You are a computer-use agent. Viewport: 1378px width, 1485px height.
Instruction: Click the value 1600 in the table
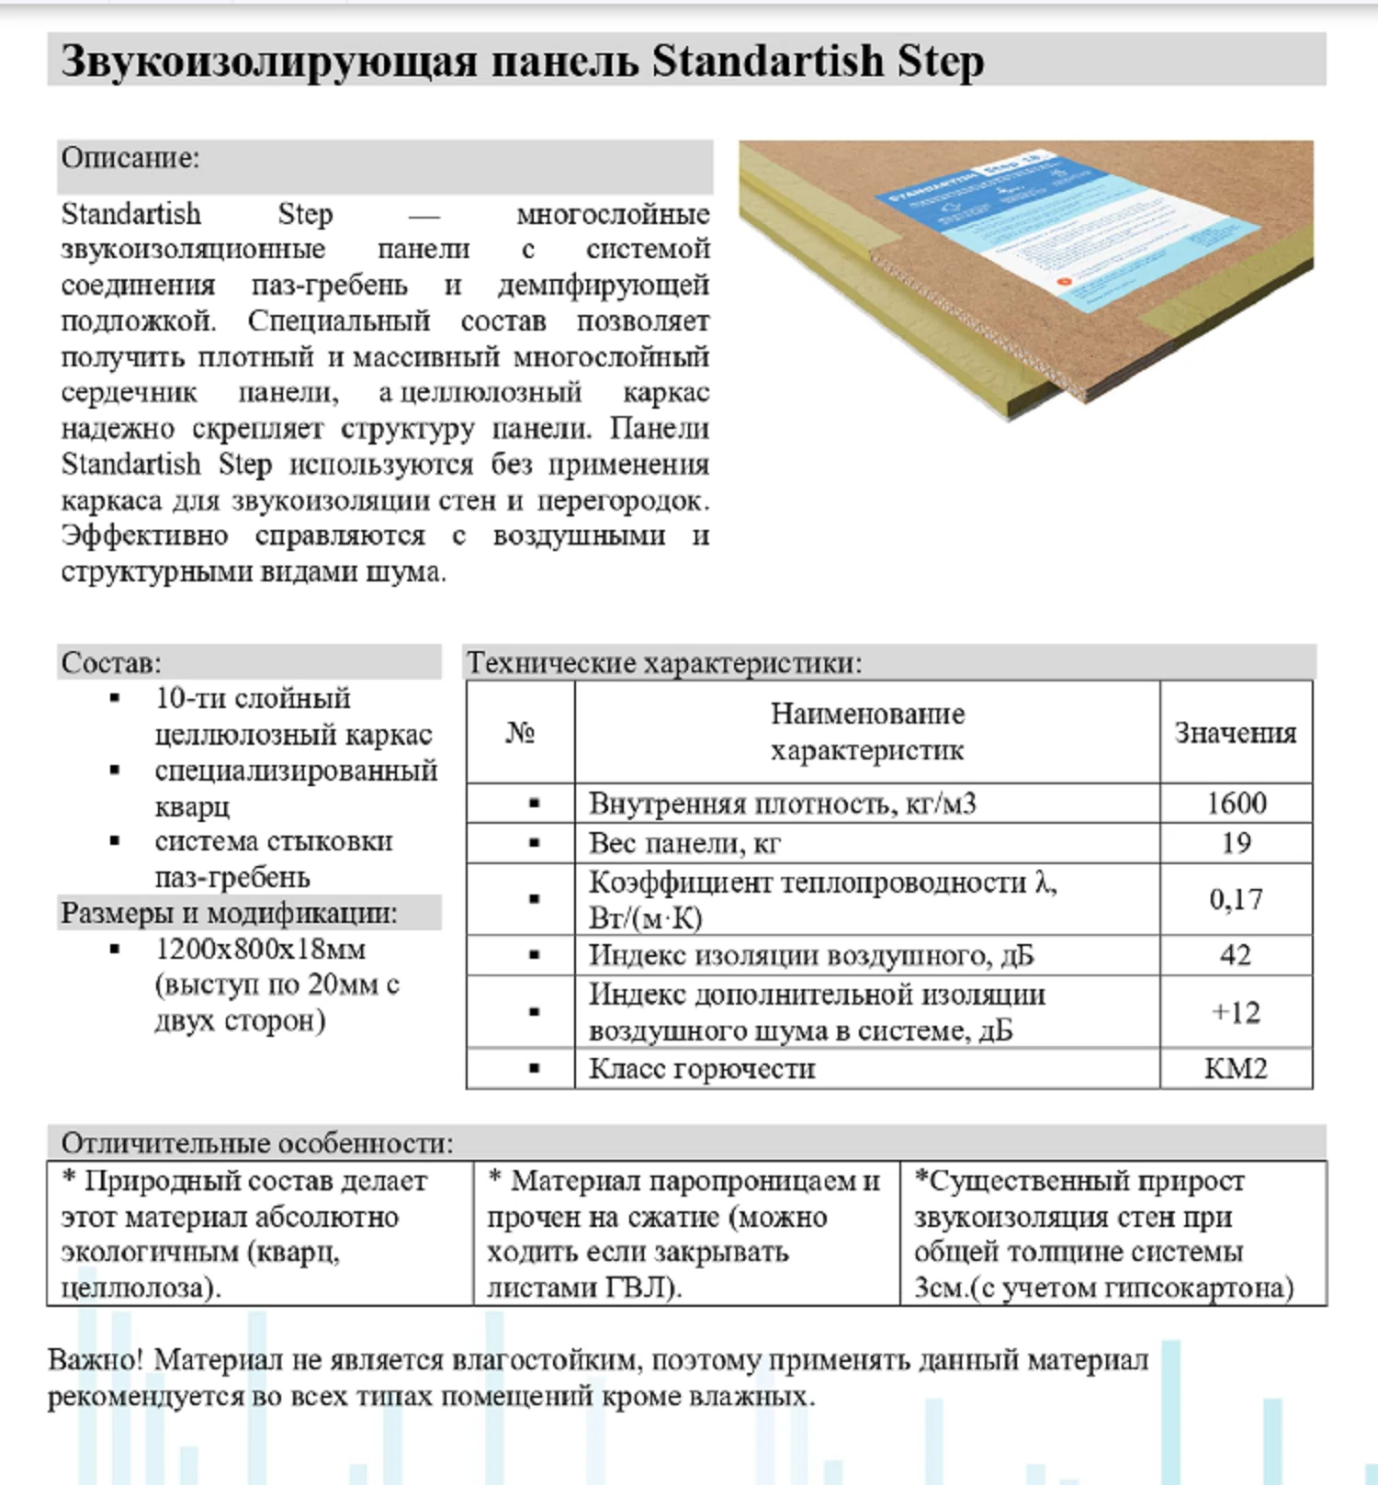pyautogui.click(x=1236, y=803)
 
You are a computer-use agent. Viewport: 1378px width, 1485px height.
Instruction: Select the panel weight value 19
pyautogui.click(x=1236, y=842)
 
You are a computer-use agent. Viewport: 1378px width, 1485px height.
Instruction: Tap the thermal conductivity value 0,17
pyautogui.click(x=1236, y=898)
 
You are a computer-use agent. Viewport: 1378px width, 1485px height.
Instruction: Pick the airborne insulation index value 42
pyautogui.click(x=1236, y=954)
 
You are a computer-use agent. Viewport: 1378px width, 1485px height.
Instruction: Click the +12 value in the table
pyautogui.click(x=1236, y=1011)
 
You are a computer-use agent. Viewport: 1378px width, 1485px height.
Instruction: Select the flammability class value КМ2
pyautogui.click(x=1236, y=1068)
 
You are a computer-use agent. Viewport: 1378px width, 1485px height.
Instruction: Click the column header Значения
pyautogui.click(x=1236, y=732)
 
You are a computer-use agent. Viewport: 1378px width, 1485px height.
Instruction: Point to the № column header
pyautogui.click(x=520, y=732)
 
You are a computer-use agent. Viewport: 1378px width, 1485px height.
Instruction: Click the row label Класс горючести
pyautogui.click(x=702, y=1068)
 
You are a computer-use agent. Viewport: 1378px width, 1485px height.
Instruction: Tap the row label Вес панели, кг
pyautogui.click(x=684, y=842)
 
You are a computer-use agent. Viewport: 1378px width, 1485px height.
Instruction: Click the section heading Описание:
pyautogui.click(x=130, y=158)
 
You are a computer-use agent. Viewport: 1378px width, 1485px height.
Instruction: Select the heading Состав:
pyautogui.click(x=111, y=662)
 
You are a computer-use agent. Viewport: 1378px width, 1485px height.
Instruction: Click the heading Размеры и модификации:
pyautogui.click(x=229, y=913)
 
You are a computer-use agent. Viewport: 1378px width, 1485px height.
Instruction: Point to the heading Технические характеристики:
pyautogui.click(x=664, y=662)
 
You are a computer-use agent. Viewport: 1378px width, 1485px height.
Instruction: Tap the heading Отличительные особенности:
pyautogui.click(x=257, y=1142)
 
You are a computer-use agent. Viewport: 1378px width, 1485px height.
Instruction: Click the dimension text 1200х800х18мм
pyautogui.click(x=260, y=948)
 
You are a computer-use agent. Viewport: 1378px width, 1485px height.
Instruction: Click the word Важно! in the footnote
pyautogui.click(x=96, y=1359)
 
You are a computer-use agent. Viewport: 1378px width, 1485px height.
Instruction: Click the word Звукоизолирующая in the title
pyautogui.click(x=269, y=61)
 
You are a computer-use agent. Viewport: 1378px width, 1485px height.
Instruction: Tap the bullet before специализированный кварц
pyautogui.click(x=115, y=770)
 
